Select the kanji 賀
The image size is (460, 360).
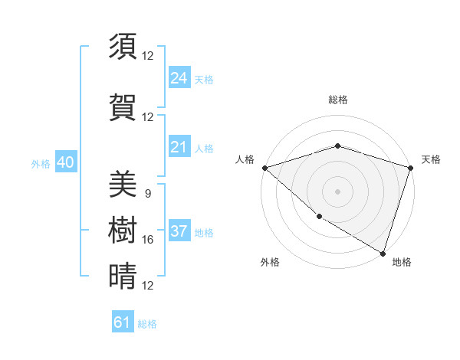point(123,107)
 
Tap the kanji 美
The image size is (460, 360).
point(123,184)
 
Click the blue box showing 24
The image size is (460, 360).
point(179,77)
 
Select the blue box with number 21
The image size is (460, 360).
point(179,147)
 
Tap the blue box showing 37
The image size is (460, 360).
point(179,231)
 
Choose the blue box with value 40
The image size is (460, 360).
point(65,162)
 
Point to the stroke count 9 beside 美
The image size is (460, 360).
point(147,193)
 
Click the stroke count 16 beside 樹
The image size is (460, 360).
point(148,240)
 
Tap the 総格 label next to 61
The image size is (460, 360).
point(147,324)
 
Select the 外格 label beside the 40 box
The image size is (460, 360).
point(41,164)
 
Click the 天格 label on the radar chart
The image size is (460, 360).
point(431,159)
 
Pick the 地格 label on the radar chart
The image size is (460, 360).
point(402,262)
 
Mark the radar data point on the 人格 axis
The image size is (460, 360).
point(264,168)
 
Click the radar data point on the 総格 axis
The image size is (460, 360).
point(337,146)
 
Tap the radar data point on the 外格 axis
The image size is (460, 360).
point(318,217)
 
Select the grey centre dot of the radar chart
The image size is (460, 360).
point(337,191)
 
